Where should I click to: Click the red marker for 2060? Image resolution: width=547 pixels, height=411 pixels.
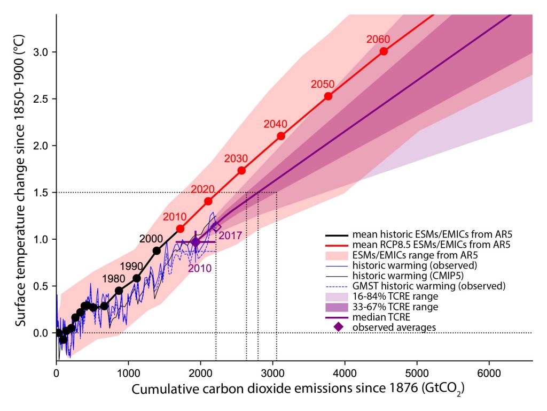[x=384, y=51]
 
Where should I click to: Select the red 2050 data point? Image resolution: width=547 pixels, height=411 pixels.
[x=328, y=96]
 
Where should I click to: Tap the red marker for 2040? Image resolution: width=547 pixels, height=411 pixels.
[x=280, y=136]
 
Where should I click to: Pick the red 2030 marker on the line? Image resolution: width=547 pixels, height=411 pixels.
[x=241, y=170]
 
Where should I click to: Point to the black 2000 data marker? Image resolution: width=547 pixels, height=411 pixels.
[x=157, y=250]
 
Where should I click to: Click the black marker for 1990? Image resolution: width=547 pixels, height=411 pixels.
[x=136, y=278]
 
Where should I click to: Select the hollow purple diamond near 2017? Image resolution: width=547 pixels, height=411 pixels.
[x=216, y=227]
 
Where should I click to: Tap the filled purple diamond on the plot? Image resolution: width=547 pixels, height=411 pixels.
[x=196, y=242]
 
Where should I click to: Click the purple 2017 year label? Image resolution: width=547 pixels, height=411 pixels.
[x=230, y=235]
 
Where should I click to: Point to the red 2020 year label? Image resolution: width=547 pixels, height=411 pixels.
[x=203, y=189]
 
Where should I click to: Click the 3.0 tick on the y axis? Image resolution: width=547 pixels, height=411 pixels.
[x=42, y=52]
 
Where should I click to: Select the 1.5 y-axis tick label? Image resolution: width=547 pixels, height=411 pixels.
[x=42, y=193]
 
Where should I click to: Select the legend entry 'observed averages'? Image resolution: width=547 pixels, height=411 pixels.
[x=385, y=327]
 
